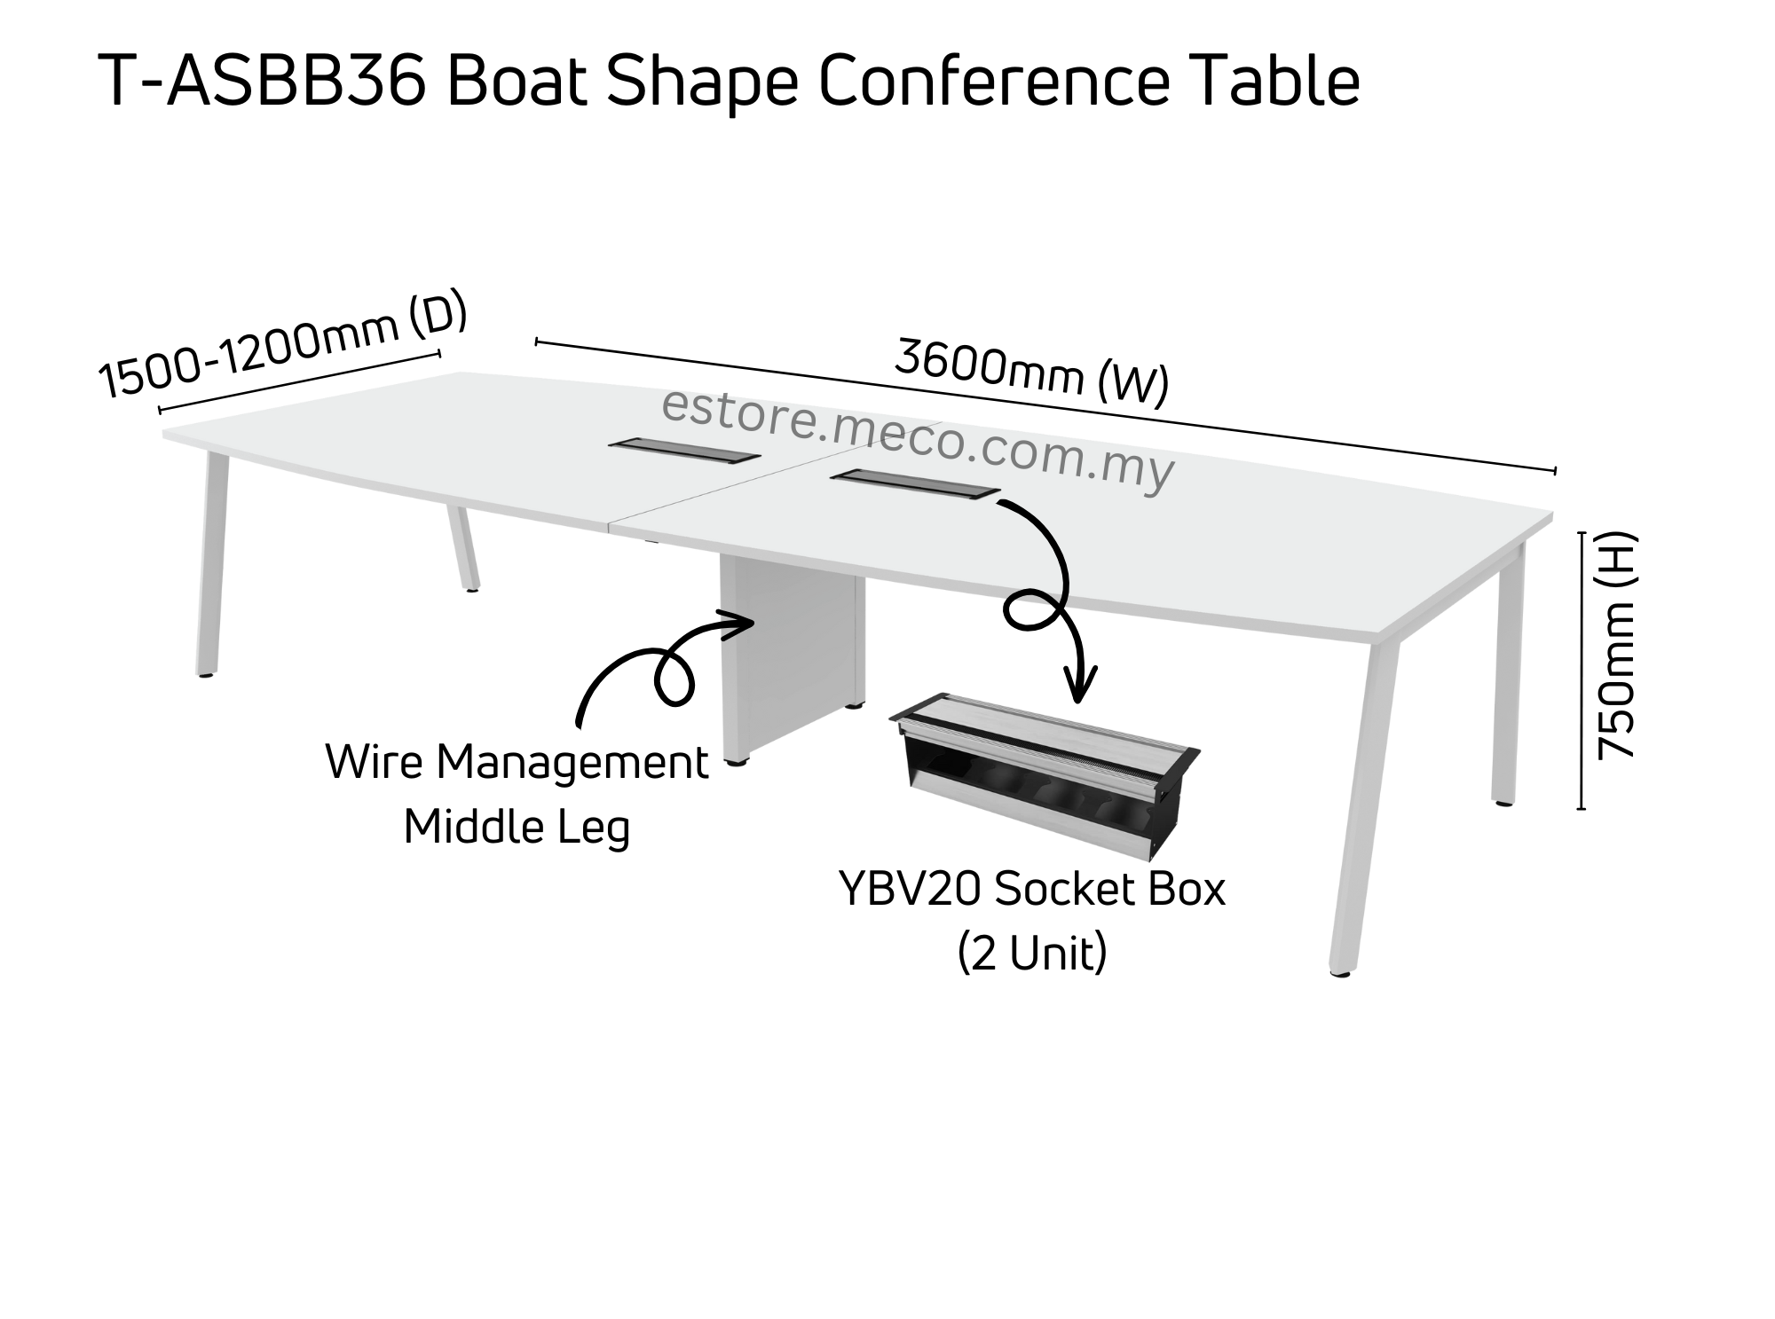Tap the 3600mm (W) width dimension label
click(x=1030, y=373)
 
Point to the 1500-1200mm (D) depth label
click(x=282, y=345)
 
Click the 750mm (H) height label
click(x=1615, y=645)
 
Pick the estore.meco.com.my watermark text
click(x=918, y=439)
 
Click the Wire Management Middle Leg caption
click(x=517, y=794)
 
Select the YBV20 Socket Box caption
click(x=1031, y=890)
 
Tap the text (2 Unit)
click(x=1032, y=954)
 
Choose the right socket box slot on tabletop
click(x=915, y=485)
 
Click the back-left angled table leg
click(x=463, y=550)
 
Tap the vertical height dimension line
click(x=1582, y=670)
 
